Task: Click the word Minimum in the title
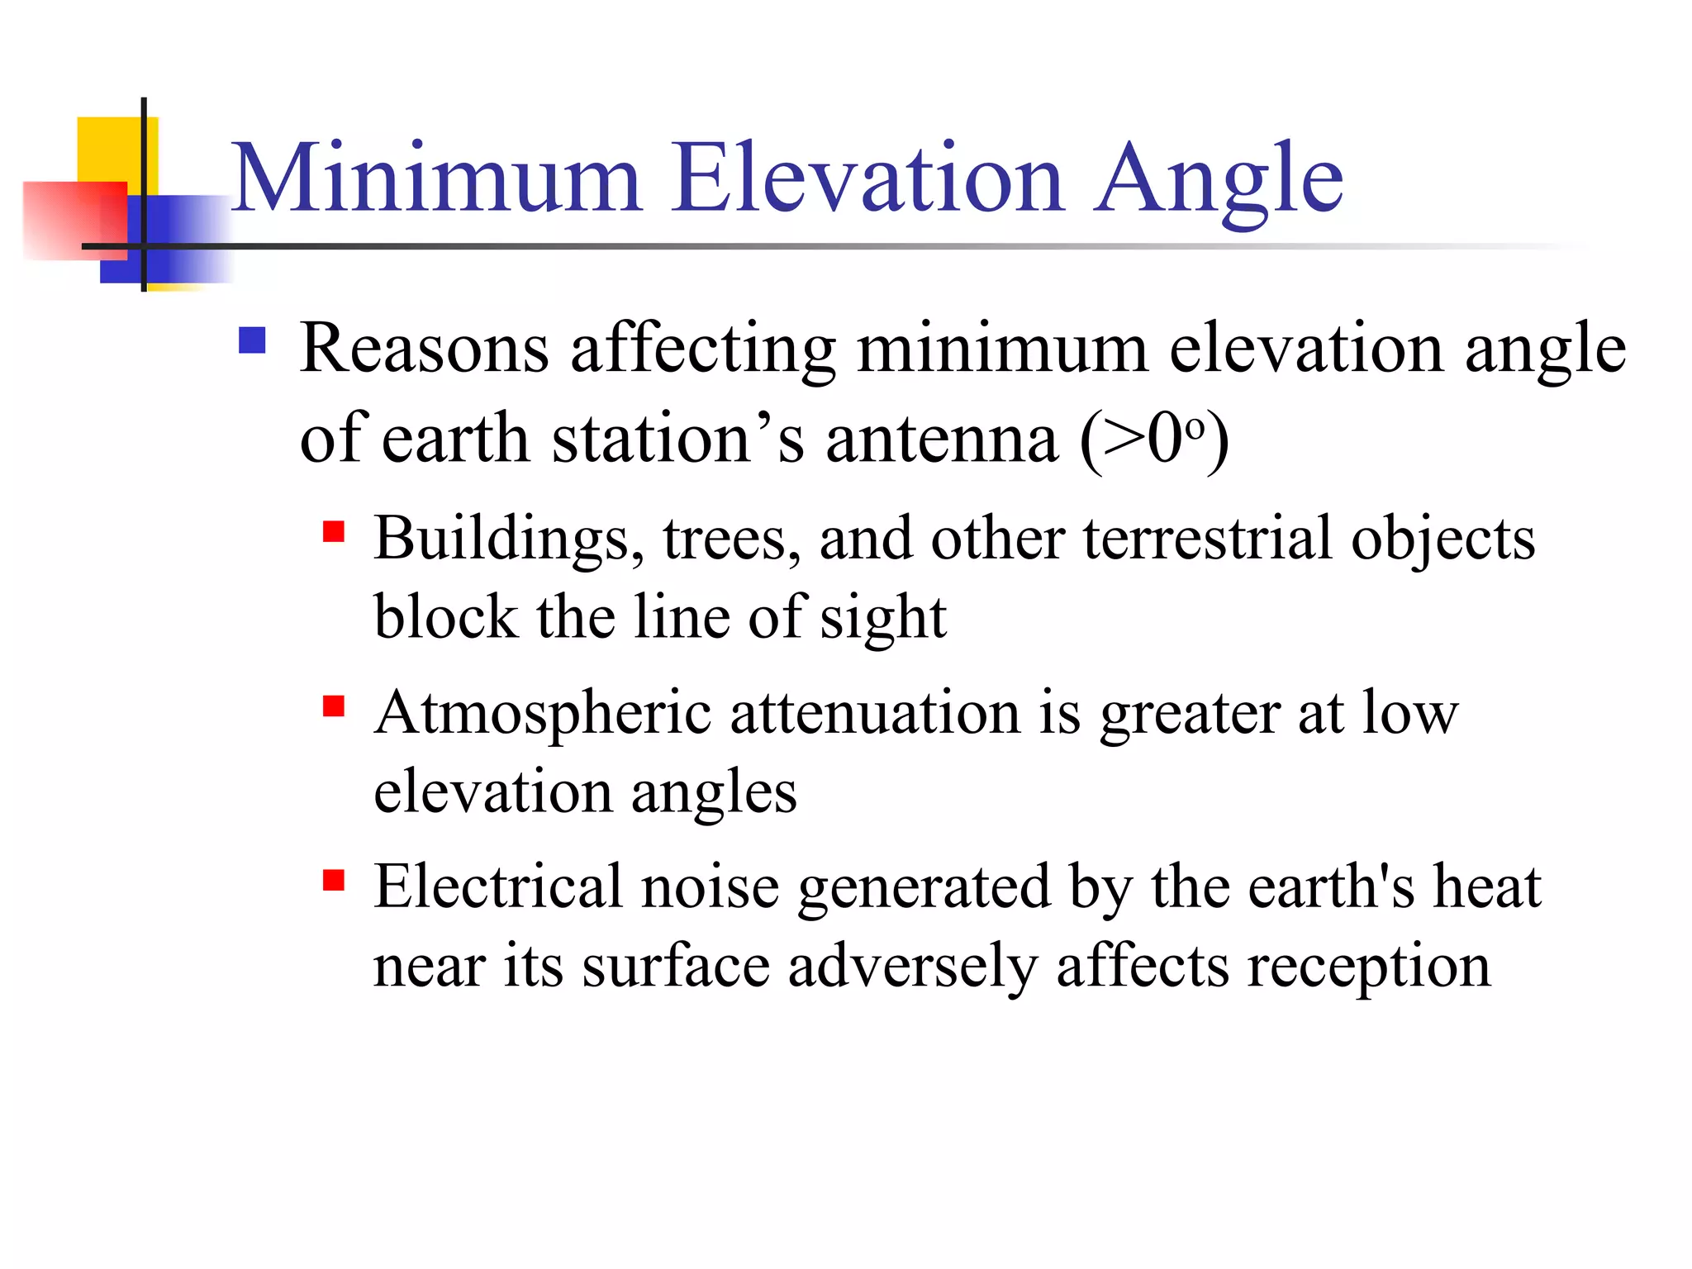tap(435, 178)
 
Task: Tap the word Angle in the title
tap(1219, 180)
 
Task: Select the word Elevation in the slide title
tap(867, 178)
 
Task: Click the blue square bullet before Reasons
tap(252, 340)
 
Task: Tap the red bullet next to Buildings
tap(333, 531)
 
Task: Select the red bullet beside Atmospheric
tap(333, 706)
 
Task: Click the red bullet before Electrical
tap(333, 881)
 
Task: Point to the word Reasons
tap(424, 349)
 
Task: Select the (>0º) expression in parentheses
tap(1154, 440)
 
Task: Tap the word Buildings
tap(508, 539)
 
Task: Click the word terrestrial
tap(1207, 539)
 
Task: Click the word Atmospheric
tap(542, 714)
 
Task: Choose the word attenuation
tap(875, 714)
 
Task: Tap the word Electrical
tap(497, 887)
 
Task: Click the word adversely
tap(911, 967)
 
